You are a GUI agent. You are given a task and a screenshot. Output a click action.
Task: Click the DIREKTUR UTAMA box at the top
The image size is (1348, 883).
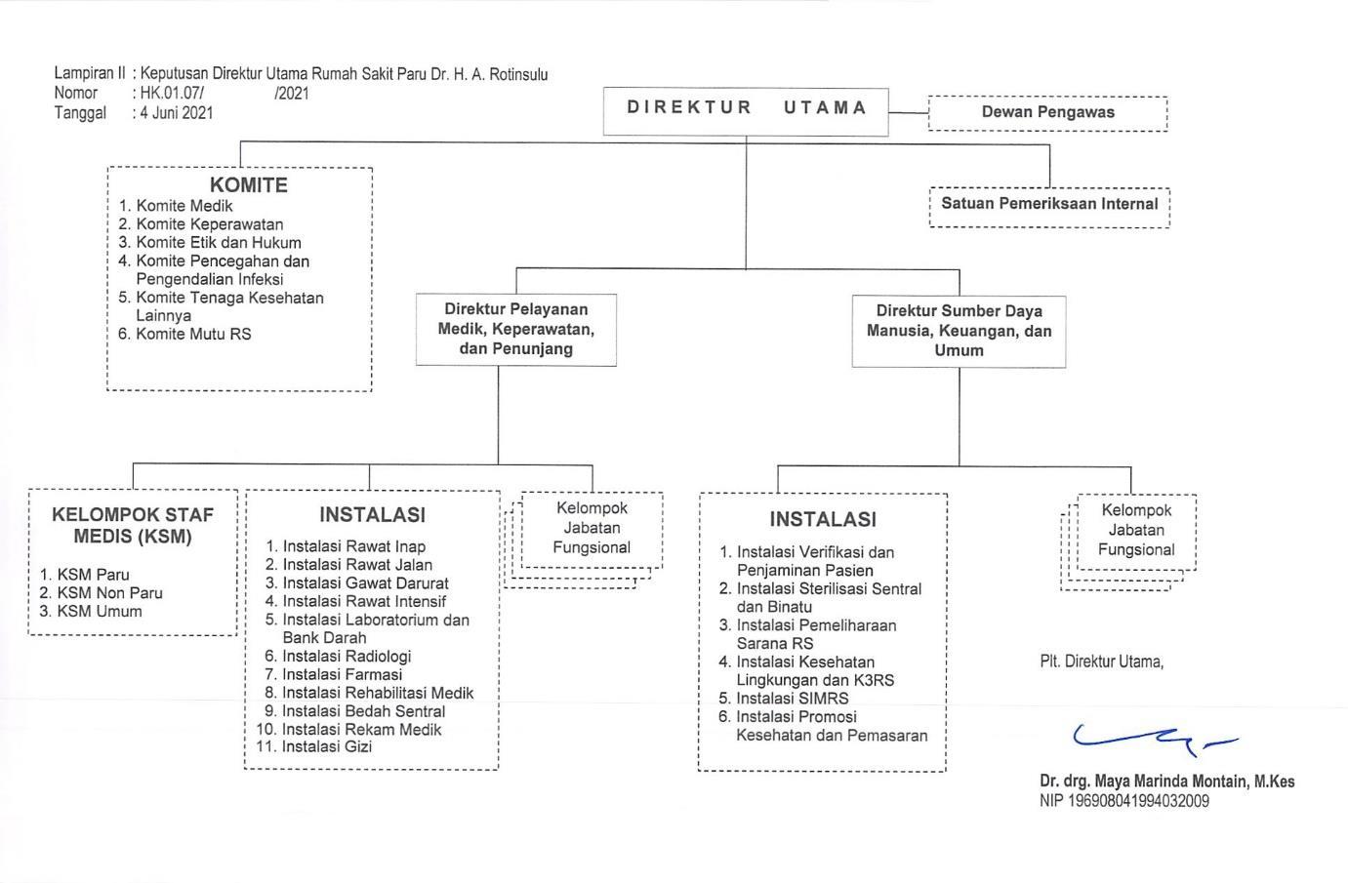coord(746,109)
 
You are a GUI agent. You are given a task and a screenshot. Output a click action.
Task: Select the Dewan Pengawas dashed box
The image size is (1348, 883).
coord(1047,112)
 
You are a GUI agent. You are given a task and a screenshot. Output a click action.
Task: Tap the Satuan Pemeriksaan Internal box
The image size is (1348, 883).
coord(1049,205)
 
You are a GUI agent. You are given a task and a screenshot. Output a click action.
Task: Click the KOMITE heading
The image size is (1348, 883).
coord(248,185)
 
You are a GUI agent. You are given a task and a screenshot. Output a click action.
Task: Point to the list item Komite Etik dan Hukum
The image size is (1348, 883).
coord(218,243)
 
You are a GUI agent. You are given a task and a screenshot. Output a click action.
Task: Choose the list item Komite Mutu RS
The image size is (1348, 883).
coord(193,335)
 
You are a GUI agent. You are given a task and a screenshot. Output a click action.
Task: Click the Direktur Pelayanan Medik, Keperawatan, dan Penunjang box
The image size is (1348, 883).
coord(515,330)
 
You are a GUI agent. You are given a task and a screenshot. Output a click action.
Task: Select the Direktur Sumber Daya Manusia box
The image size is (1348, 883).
coord(959,331)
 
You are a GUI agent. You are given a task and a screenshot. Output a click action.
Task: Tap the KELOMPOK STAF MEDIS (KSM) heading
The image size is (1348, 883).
coord(133,525)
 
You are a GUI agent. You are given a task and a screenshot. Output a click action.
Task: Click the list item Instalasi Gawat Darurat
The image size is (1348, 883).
coord(365,583)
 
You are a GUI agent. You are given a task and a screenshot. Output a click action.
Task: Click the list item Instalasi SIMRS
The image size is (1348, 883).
coord(792,699)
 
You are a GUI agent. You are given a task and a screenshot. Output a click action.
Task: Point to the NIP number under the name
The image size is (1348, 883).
coord(1124,801)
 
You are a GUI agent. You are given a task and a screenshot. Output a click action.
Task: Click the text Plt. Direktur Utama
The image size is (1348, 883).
coord(1102,662)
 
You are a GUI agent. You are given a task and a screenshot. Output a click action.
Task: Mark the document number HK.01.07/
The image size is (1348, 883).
coord(172,94)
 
